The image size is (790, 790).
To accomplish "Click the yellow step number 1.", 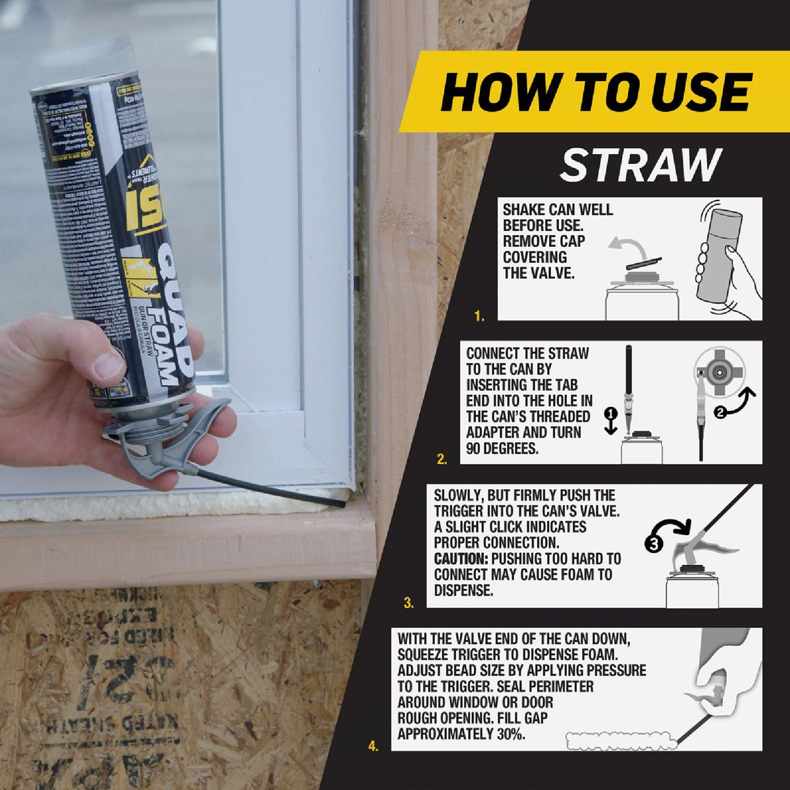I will pyautogui.click(x=479, y=317).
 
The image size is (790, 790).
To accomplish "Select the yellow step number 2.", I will pyautogui.click(x=442, y=460).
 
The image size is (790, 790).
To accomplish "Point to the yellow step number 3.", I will pyautogui.click(x=408, y=602).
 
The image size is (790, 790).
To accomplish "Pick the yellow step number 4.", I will pyautogui.click(x=373, y=746).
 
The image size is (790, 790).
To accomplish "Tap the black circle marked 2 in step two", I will pyautogui.click(x=720, y=413).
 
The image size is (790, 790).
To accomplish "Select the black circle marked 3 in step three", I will pyautogui.click(x=653, y=544).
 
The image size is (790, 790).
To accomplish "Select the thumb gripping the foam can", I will pyautogui.click(x=105, y=359).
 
